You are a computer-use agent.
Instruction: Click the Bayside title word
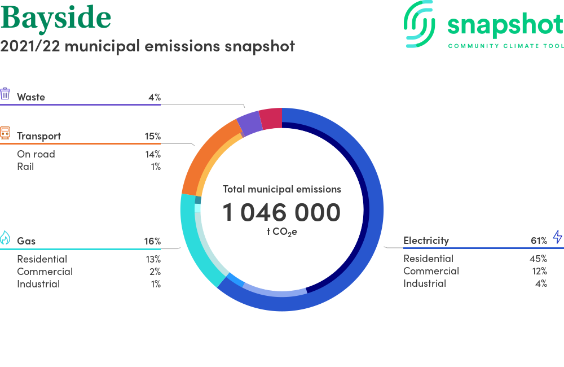click(56, 18)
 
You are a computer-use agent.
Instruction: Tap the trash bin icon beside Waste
click(5, 94)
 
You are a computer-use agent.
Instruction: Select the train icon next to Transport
click(5, 133)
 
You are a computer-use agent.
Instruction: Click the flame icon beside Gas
click(5, 238)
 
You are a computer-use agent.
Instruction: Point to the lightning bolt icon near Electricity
click(558, 237)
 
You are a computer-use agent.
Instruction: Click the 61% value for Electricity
click(539, 241)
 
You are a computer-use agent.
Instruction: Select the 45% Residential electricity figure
click(538, 259)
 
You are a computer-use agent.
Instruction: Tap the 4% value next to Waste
click(155, 97)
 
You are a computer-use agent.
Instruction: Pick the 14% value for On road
click(153, 154)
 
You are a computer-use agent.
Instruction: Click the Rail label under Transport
click(25, 167)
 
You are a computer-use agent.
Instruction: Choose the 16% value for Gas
click(152, 241)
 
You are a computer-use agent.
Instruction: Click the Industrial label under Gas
click(38, 284)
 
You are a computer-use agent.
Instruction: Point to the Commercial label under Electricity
click(431, 271)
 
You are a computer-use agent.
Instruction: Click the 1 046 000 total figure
click(281, 212)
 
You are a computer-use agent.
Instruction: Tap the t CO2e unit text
click(282, 232)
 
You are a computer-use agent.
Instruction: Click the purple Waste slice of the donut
click(250, 123)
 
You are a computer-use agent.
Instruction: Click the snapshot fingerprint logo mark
click(419, 24)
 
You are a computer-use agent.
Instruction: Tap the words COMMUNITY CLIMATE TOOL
click(506, 46)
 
